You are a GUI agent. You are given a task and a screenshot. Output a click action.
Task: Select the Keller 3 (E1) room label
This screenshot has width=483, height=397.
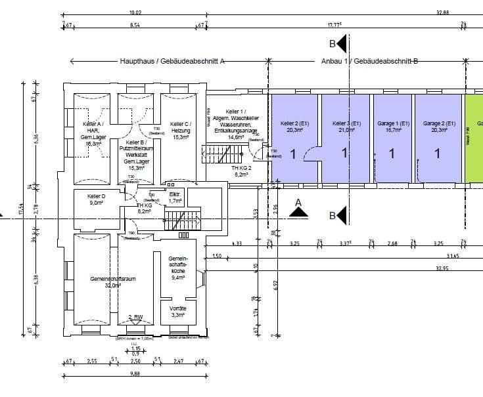click(346, 127)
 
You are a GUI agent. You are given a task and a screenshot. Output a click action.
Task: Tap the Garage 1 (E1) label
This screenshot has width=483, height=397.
click(392, 127)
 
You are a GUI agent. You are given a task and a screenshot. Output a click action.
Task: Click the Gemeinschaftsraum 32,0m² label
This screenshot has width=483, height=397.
click(112, 282)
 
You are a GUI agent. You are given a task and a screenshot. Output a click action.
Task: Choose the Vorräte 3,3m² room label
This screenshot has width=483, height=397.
click(178, 311)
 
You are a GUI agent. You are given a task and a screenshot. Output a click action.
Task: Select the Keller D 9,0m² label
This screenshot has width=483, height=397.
click(97, 199)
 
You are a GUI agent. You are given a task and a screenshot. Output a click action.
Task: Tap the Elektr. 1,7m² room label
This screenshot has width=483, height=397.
click(175, 198)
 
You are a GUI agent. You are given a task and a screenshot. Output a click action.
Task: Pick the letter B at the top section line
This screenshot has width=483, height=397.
click(333, 45)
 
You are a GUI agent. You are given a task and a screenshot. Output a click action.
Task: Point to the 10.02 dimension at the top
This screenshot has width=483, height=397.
click(134, 11)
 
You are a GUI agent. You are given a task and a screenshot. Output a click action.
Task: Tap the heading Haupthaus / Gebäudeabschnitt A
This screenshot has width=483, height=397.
click(172, 61)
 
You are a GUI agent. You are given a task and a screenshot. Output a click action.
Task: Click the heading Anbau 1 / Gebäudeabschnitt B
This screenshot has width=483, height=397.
click(370, 61)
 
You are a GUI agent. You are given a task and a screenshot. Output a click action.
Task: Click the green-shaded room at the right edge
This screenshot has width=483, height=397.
click(474, 138)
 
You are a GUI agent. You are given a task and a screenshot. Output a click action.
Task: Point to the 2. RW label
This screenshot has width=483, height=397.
click(135, 317)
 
